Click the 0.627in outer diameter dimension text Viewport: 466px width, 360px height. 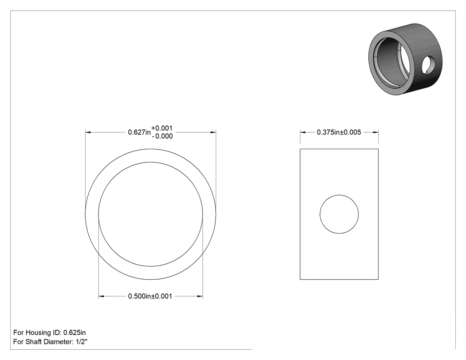click(x=139, y=132)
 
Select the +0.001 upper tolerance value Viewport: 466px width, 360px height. click(x=162, y=128)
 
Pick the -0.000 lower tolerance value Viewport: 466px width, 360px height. click(x=162, y=136)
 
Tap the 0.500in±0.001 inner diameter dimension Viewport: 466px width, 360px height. click(x=150, y=296)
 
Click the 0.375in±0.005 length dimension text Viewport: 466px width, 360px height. click(x=339, y=132)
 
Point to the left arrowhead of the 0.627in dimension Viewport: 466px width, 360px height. click(x=88, y=132)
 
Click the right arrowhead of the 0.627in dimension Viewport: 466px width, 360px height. click(x=213, y=132)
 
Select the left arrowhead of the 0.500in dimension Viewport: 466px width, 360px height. click(x=101, y=296)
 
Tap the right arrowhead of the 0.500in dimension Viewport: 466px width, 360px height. click(x=200, y=296)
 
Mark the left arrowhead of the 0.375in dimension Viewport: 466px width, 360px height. click(x=303, y=132)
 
